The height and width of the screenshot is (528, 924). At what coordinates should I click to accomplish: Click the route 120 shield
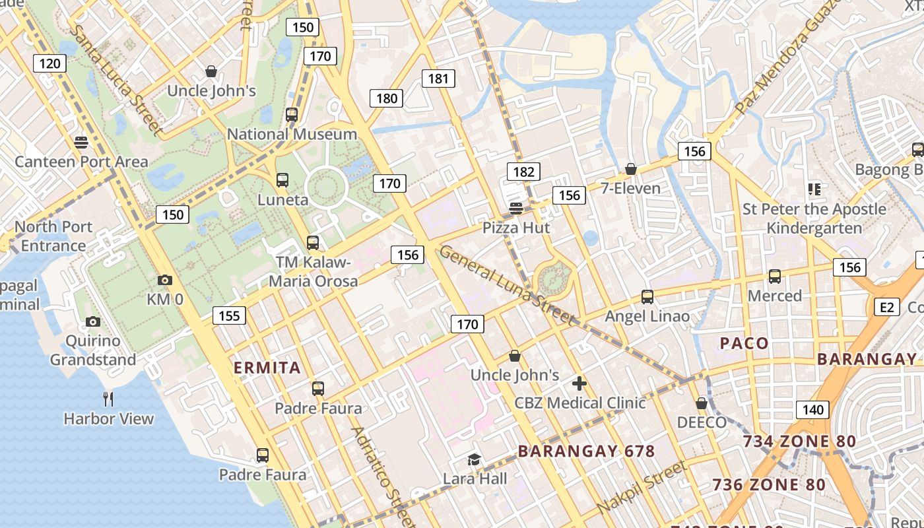49,63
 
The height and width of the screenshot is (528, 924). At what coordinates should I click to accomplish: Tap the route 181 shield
438,79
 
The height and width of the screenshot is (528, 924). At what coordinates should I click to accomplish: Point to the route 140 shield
812,410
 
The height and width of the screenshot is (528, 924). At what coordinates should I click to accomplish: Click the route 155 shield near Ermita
229,315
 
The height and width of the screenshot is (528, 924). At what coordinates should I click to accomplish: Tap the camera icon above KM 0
165,280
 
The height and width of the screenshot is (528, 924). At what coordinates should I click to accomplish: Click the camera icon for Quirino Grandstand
93,322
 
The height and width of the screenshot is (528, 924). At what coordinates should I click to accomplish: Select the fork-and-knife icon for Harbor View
109,399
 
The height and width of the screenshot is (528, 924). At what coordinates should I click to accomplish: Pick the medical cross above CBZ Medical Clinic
579,383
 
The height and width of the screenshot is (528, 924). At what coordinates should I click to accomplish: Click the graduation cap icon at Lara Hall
474,459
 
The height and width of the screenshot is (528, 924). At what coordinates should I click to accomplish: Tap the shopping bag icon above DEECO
702,403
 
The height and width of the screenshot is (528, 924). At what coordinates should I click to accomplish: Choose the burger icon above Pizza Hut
516,209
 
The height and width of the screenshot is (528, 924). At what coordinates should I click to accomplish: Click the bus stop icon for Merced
775,277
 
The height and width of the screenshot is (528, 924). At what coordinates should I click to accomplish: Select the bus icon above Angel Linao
647,297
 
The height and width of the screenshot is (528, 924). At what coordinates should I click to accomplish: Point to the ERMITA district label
267,368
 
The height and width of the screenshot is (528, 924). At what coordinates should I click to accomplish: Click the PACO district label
744,343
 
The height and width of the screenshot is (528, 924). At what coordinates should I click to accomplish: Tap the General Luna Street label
506,284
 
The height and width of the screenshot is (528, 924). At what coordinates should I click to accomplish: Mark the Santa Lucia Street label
115,81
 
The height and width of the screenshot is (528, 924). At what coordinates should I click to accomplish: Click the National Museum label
292,134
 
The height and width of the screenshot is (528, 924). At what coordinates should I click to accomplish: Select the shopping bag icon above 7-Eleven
631,169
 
